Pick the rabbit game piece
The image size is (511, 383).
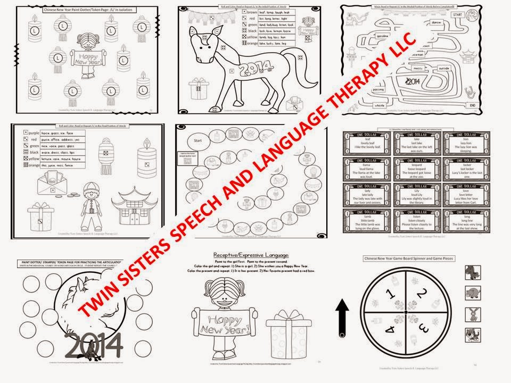[471, 313]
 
